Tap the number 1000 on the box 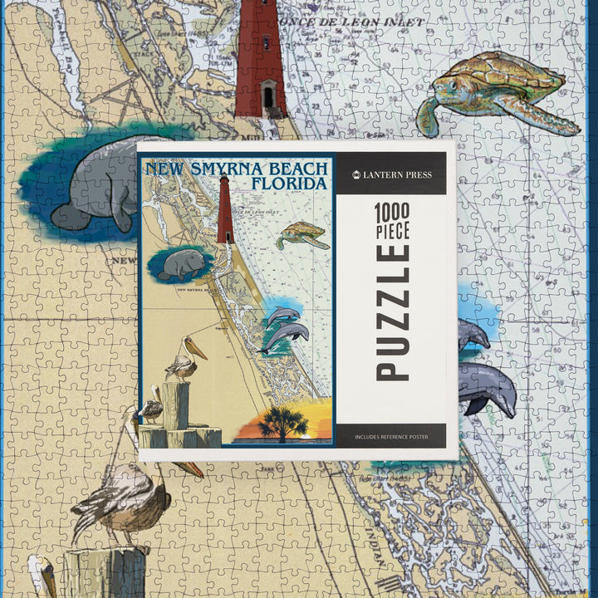pyautogui.click(x=393, y=212)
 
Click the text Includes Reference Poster pyautogui.click(x=391, y=436)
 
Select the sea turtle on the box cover pyautogui.click(x=302, y=234)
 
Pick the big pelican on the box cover pyautogui.click(x=184, y=358)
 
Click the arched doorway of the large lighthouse pyautogui.click(x=268, y=97)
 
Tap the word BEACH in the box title pyautogui.click(x=298, y=169)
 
